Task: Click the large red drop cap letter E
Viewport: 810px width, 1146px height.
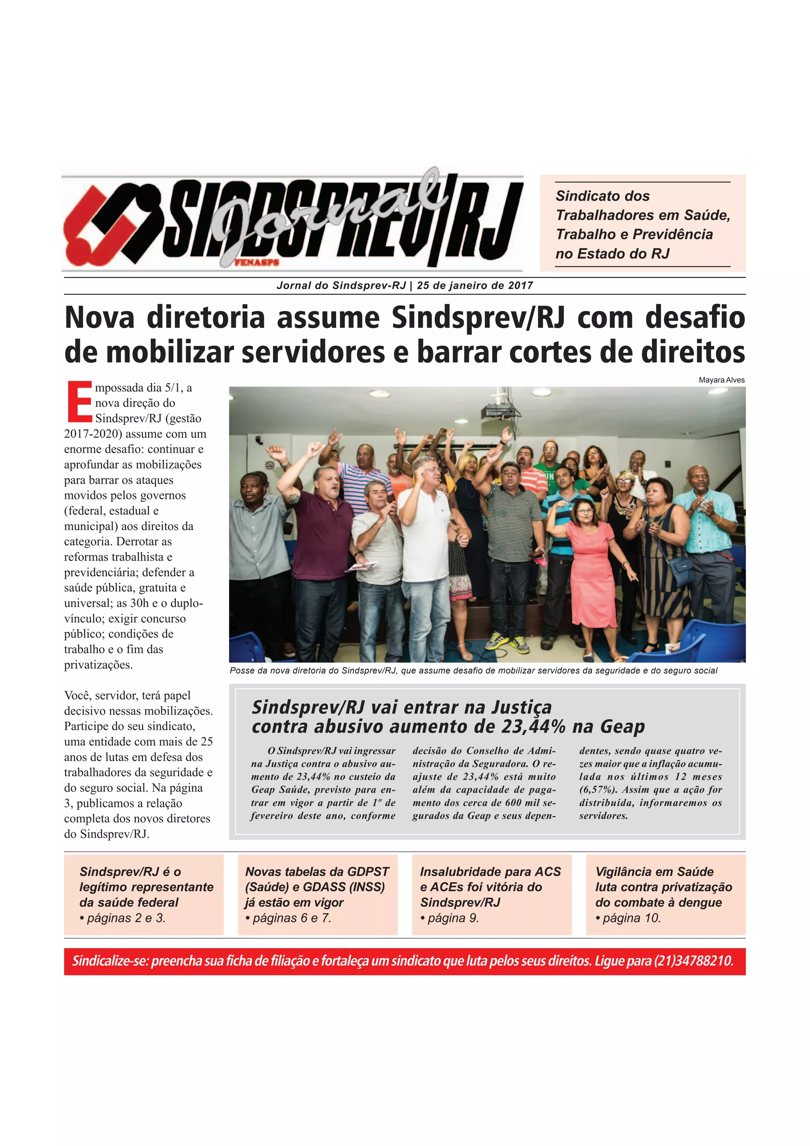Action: coord(79,401)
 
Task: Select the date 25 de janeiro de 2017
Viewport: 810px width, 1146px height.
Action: coord(475,286)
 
